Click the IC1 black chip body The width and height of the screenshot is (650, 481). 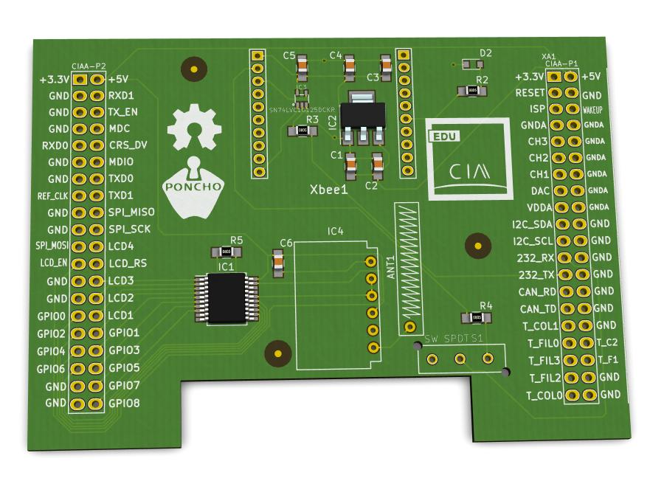227,298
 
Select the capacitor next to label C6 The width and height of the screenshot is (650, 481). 278,262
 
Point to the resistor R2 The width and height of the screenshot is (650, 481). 471,91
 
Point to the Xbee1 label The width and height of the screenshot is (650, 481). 328,191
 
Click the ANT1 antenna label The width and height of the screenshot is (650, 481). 391,266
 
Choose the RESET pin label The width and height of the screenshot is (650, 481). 530,93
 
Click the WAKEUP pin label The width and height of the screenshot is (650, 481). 598,109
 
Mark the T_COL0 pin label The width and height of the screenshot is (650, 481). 544,395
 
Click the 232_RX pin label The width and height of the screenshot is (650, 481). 536,258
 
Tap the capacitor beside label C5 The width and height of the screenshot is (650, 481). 301,69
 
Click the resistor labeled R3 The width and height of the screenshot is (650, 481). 302,131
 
